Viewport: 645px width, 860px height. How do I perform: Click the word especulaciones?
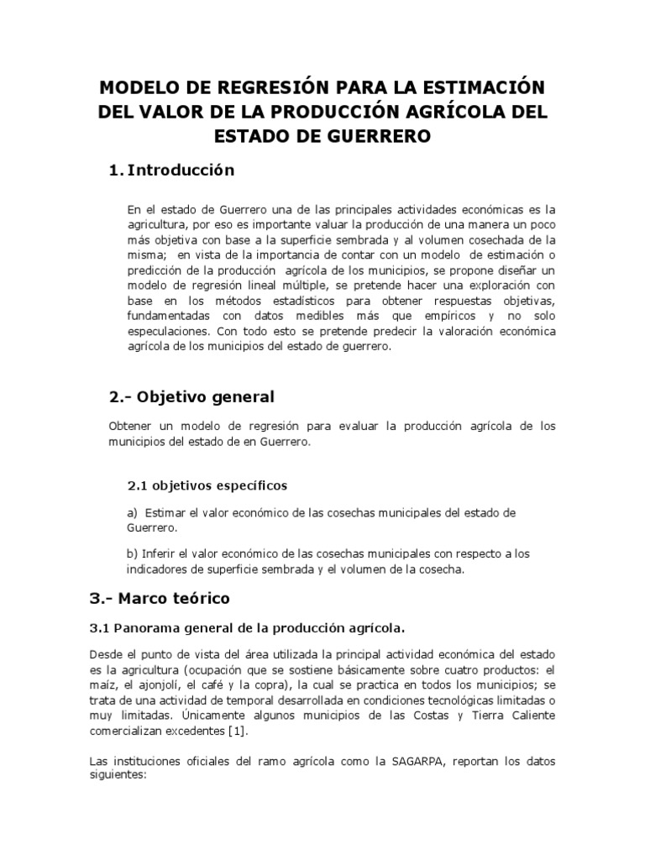tap(166, 331)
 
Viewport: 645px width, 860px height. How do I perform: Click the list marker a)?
tap(133, 512)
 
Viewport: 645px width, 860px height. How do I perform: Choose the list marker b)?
tap(133, 554)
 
